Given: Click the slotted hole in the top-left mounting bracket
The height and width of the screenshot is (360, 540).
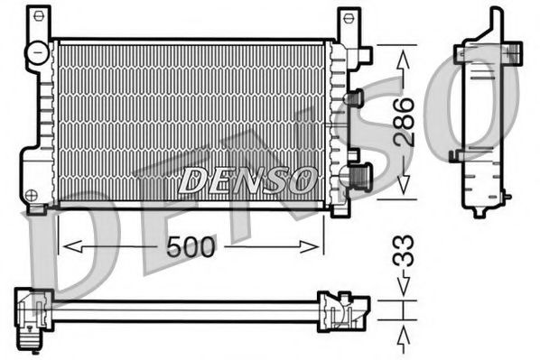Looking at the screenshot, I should (x=37, y=19).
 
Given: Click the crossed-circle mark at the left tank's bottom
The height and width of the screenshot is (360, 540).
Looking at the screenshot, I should (x=32, y=194).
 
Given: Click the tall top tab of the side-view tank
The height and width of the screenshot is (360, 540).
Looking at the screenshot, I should (x=494, y=20).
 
